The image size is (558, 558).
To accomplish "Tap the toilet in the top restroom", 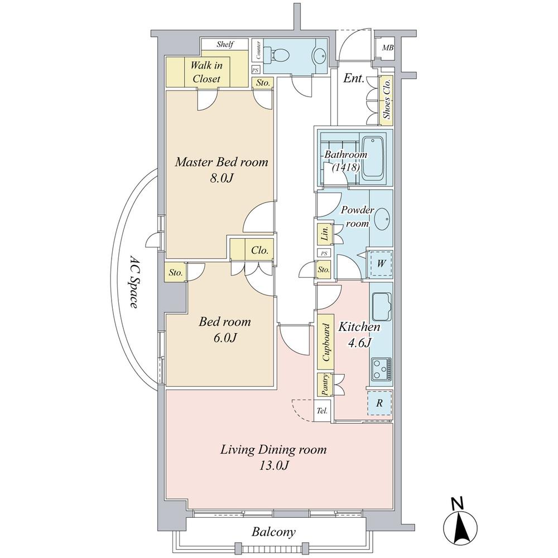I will pos(280,55).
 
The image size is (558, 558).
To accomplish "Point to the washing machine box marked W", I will pos(379,263).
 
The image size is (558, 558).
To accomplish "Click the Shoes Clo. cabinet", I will pos(386,100).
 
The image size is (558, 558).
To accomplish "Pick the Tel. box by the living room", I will pos(322,411).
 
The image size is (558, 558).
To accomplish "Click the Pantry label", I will pos(324,384).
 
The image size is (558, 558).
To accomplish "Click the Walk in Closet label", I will pos(206,72).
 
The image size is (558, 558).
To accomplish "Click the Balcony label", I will pos(273,532).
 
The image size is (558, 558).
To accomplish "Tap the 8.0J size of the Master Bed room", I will pos(222,180).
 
